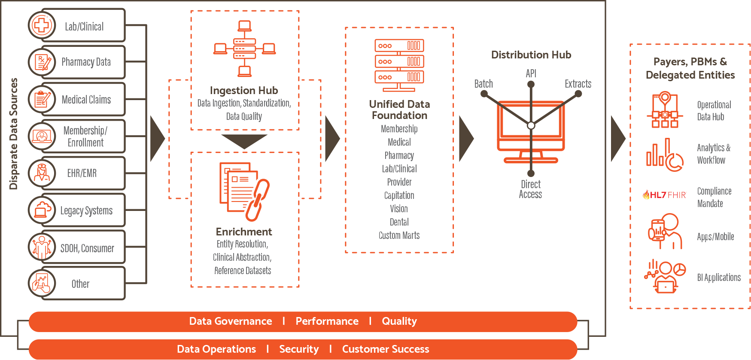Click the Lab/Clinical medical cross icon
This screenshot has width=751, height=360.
coord(42,25)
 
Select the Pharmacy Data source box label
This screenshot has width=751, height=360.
coord(86,62)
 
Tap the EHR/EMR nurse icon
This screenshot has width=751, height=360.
coord(42,173)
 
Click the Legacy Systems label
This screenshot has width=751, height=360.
coord(86,211)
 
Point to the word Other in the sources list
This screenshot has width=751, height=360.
coord(80,284)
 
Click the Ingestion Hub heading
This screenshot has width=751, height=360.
coord(244,90)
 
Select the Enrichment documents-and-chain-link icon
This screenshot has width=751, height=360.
coord(244,191)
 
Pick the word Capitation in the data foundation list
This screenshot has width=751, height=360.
coord(399,195)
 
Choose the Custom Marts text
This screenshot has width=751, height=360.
coord(399,235)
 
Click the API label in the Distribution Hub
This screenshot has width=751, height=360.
coord(531,73)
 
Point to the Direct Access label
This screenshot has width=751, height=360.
coord(531,189)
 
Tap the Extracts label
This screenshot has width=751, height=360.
coord(578,84)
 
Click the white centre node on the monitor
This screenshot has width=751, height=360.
coord(531,125)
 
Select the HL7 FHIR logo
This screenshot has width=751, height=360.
coord(664,195)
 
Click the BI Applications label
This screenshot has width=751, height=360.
coord(719,278)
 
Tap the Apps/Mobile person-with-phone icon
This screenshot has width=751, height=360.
coord(665,231)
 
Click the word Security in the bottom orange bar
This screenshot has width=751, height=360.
coord(299,349)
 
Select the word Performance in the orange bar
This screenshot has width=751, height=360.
coord(327,321)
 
